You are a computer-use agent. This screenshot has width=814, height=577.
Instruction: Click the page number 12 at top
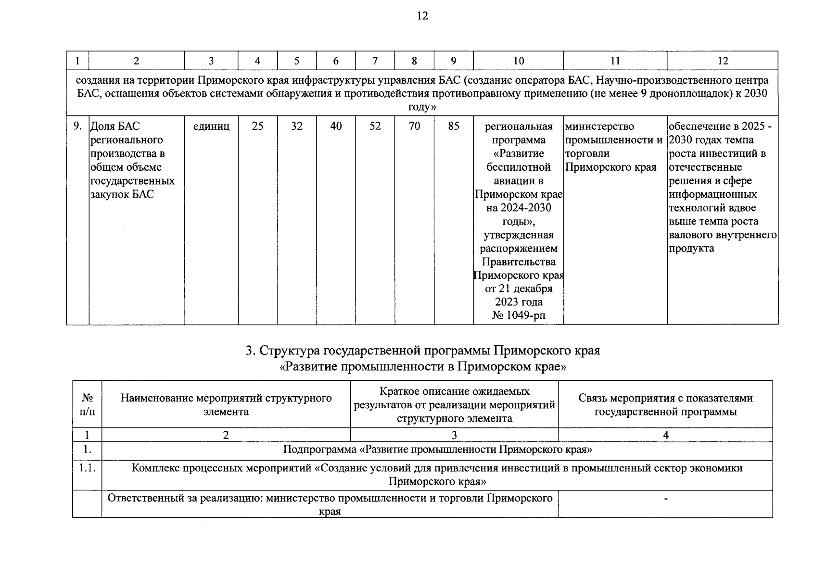[422, 16]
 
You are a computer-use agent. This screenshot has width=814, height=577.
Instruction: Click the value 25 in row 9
[258, 126]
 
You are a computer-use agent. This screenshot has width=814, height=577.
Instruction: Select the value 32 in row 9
[297, 126]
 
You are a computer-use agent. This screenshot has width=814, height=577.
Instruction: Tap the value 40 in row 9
[336, 126]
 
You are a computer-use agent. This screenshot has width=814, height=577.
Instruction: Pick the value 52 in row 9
[375, 126]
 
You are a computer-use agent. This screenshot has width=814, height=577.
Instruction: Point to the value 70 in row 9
[414, 126]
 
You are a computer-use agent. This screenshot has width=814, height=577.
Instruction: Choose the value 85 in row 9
[453, 126]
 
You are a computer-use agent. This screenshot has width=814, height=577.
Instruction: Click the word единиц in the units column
[211, 126]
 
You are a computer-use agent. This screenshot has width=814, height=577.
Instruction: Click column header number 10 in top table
[518, 61]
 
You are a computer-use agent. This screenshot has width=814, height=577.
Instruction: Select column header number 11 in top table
[615, 61]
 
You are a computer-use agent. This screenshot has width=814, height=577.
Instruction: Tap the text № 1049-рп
[519, 315]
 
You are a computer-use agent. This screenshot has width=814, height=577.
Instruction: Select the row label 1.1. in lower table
[87, 468]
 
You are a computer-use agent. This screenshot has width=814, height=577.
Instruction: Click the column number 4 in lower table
[666, 435]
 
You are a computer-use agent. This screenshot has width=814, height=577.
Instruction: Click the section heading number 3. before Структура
[250, 351]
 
